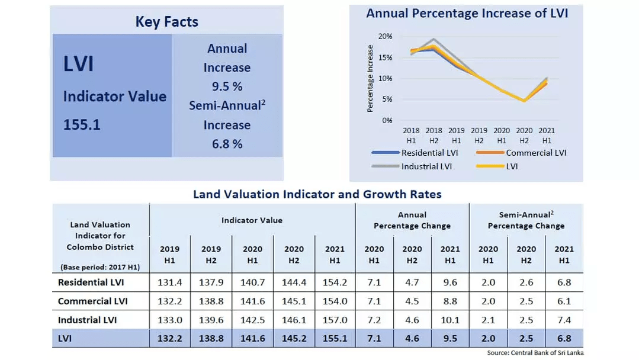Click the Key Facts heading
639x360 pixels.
pyautogui.click(x=166, y=22)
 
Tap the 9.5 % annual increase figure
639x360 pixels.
pyautogui.click(x=227, y=86)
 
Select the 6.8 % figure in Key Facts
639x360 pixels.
pyautogui.click(x=227, y=144)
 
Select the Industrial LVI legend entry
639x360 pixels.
pyautogui.click(x=426, y=166)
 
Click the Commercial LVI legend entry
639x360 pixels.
pyautogui.click(x=536, y=153)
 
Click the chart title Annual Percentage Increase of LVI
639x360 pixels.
pyautogui.click(x=467, y=13)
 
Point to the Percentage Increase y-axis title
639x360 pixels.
pyautogui.click(x=370, y=78)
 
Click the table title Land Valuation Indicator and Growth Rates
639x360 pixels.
pyautogui.click(x=317, y=194)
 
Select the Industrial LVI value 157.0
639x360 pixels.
pyautogui.click(x=335, y=320)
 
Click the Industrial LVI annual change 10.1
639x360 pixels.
pyautogui.click(x=450, y=320)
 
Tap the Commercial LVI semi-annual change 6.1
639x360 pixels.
pyautogui.click(x=564, y=301)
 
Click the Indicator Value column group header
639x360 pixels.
pyautogui.click(x=252, y=220)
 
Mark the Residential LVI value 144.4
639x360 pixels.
pyautogui.click(x=294, y=282)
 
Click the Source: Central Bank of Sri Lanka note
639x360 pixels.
pyautogui.click(x=535, y=353)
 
